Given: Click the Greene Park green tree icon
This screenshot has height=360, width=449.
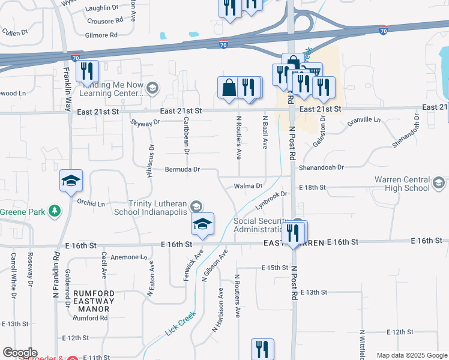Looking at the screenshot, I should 55,211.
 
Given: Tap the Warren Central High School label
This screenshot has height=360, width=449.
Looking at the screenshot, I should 402,184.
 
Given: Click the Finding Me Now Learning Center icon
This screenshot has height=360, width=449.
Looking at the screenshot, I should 152,89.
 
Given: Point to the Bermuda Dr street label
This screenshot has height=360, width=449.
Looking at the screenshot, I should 183,169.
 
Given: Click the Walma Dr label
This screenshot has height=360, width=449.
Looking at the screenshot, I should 248,186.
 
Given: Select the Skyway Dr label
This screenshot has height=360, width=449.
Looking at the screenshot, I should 145,122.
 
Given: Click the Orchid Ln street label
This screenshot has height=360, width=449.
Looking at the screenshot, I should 91,203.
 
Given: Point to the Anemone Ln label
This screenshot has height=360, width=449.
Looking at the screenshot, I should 126,257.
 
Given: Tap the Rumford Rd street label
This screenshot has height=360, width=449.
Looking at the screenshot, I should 91,318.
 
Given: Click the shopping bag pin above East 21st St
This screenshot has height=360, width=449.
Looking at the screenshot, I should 229,88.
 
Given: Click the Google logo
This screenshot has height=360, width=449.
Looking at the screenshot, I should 20,353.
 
